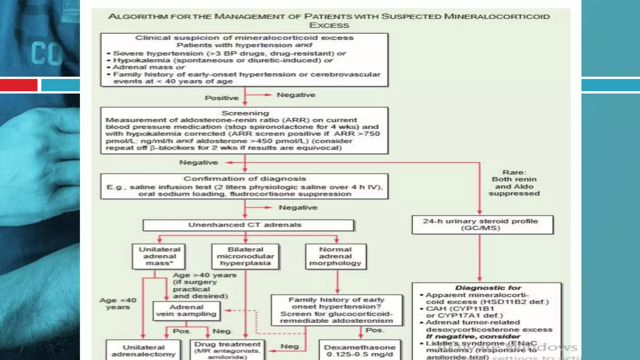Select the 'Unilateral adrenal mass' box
click(159, 257)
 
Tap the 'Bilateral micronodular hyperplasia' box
click(245, 257)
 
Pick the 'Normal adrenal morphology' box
click(336, 257)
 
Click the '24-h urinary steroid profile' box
click(482, 225)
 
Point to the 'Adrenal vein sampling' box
click(187, 311)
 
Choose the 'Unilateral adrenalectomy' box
click(143, 351)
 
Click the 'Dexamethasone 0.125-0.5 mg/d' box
click(360, 351)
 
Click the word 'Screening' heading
click(245, 113)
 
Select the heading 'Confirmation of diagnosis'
click(245, 179)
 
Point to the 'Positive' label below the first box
click(222, 98)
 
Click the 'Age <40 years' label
click(118, 304)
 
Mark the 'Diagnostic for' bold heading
click(488, 288)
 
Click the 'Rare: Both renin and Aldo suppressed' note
click(514, 183)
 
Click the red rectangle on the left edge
click(18, 85)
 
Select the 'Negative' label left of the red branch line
click(198, 162)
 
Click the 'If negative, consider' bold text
click(473, 337)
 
